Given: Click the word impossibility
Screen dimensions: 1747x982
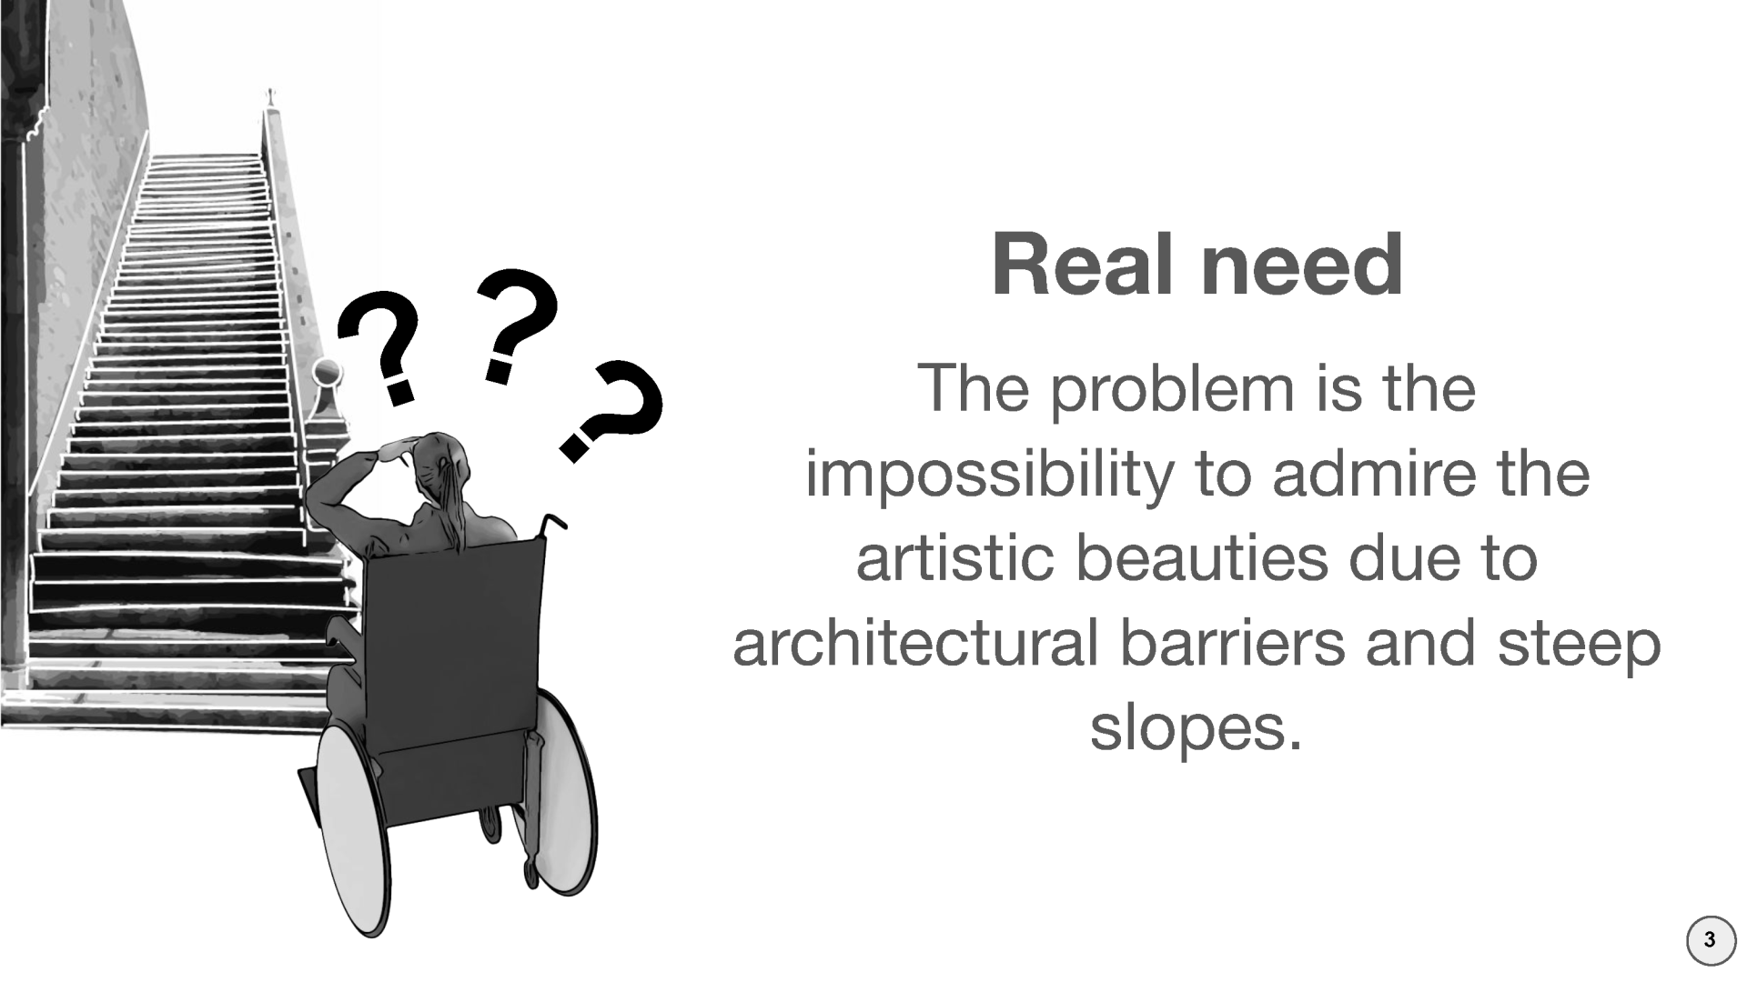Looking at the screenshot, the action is [x=990, y=476].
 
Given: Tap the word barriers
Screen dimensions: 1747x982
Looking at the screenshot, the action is [x=1232, y=642].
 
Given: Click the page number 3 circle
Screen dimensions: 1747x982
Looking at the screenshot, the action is [x=1711, y=940].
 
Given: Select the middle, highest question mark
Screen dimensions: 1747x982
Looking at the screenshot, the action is [x=515, y=325].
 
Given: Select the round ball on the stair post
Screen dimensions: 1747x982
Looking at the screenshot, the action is [x=328, y=373].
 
